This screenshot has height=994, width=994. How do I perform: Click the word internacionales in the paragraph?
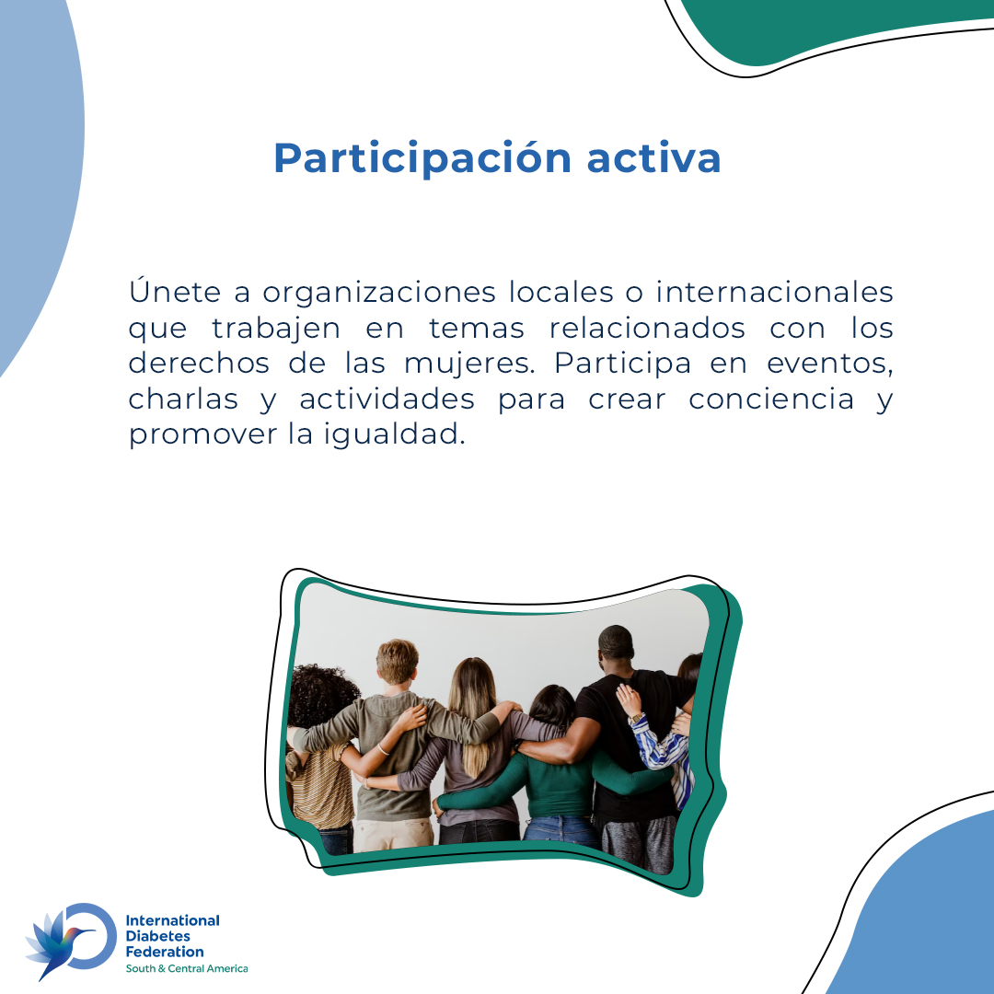tap(774, 292)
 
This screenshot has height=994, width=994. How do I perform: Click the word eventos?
tap(829, 364)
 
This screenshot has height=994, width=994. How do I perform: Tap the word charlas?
tap(183, 399)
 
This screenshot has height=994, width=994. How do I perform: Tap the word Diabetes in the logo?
tap(158, 935)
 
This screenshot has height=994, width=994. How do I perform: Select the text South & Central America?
tap(187, 968)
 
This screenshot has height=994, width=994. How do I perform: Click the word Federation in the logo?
tap(165, 952)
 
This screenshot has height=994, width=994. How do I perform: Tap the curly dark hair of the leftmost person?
tap(318, 695)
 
